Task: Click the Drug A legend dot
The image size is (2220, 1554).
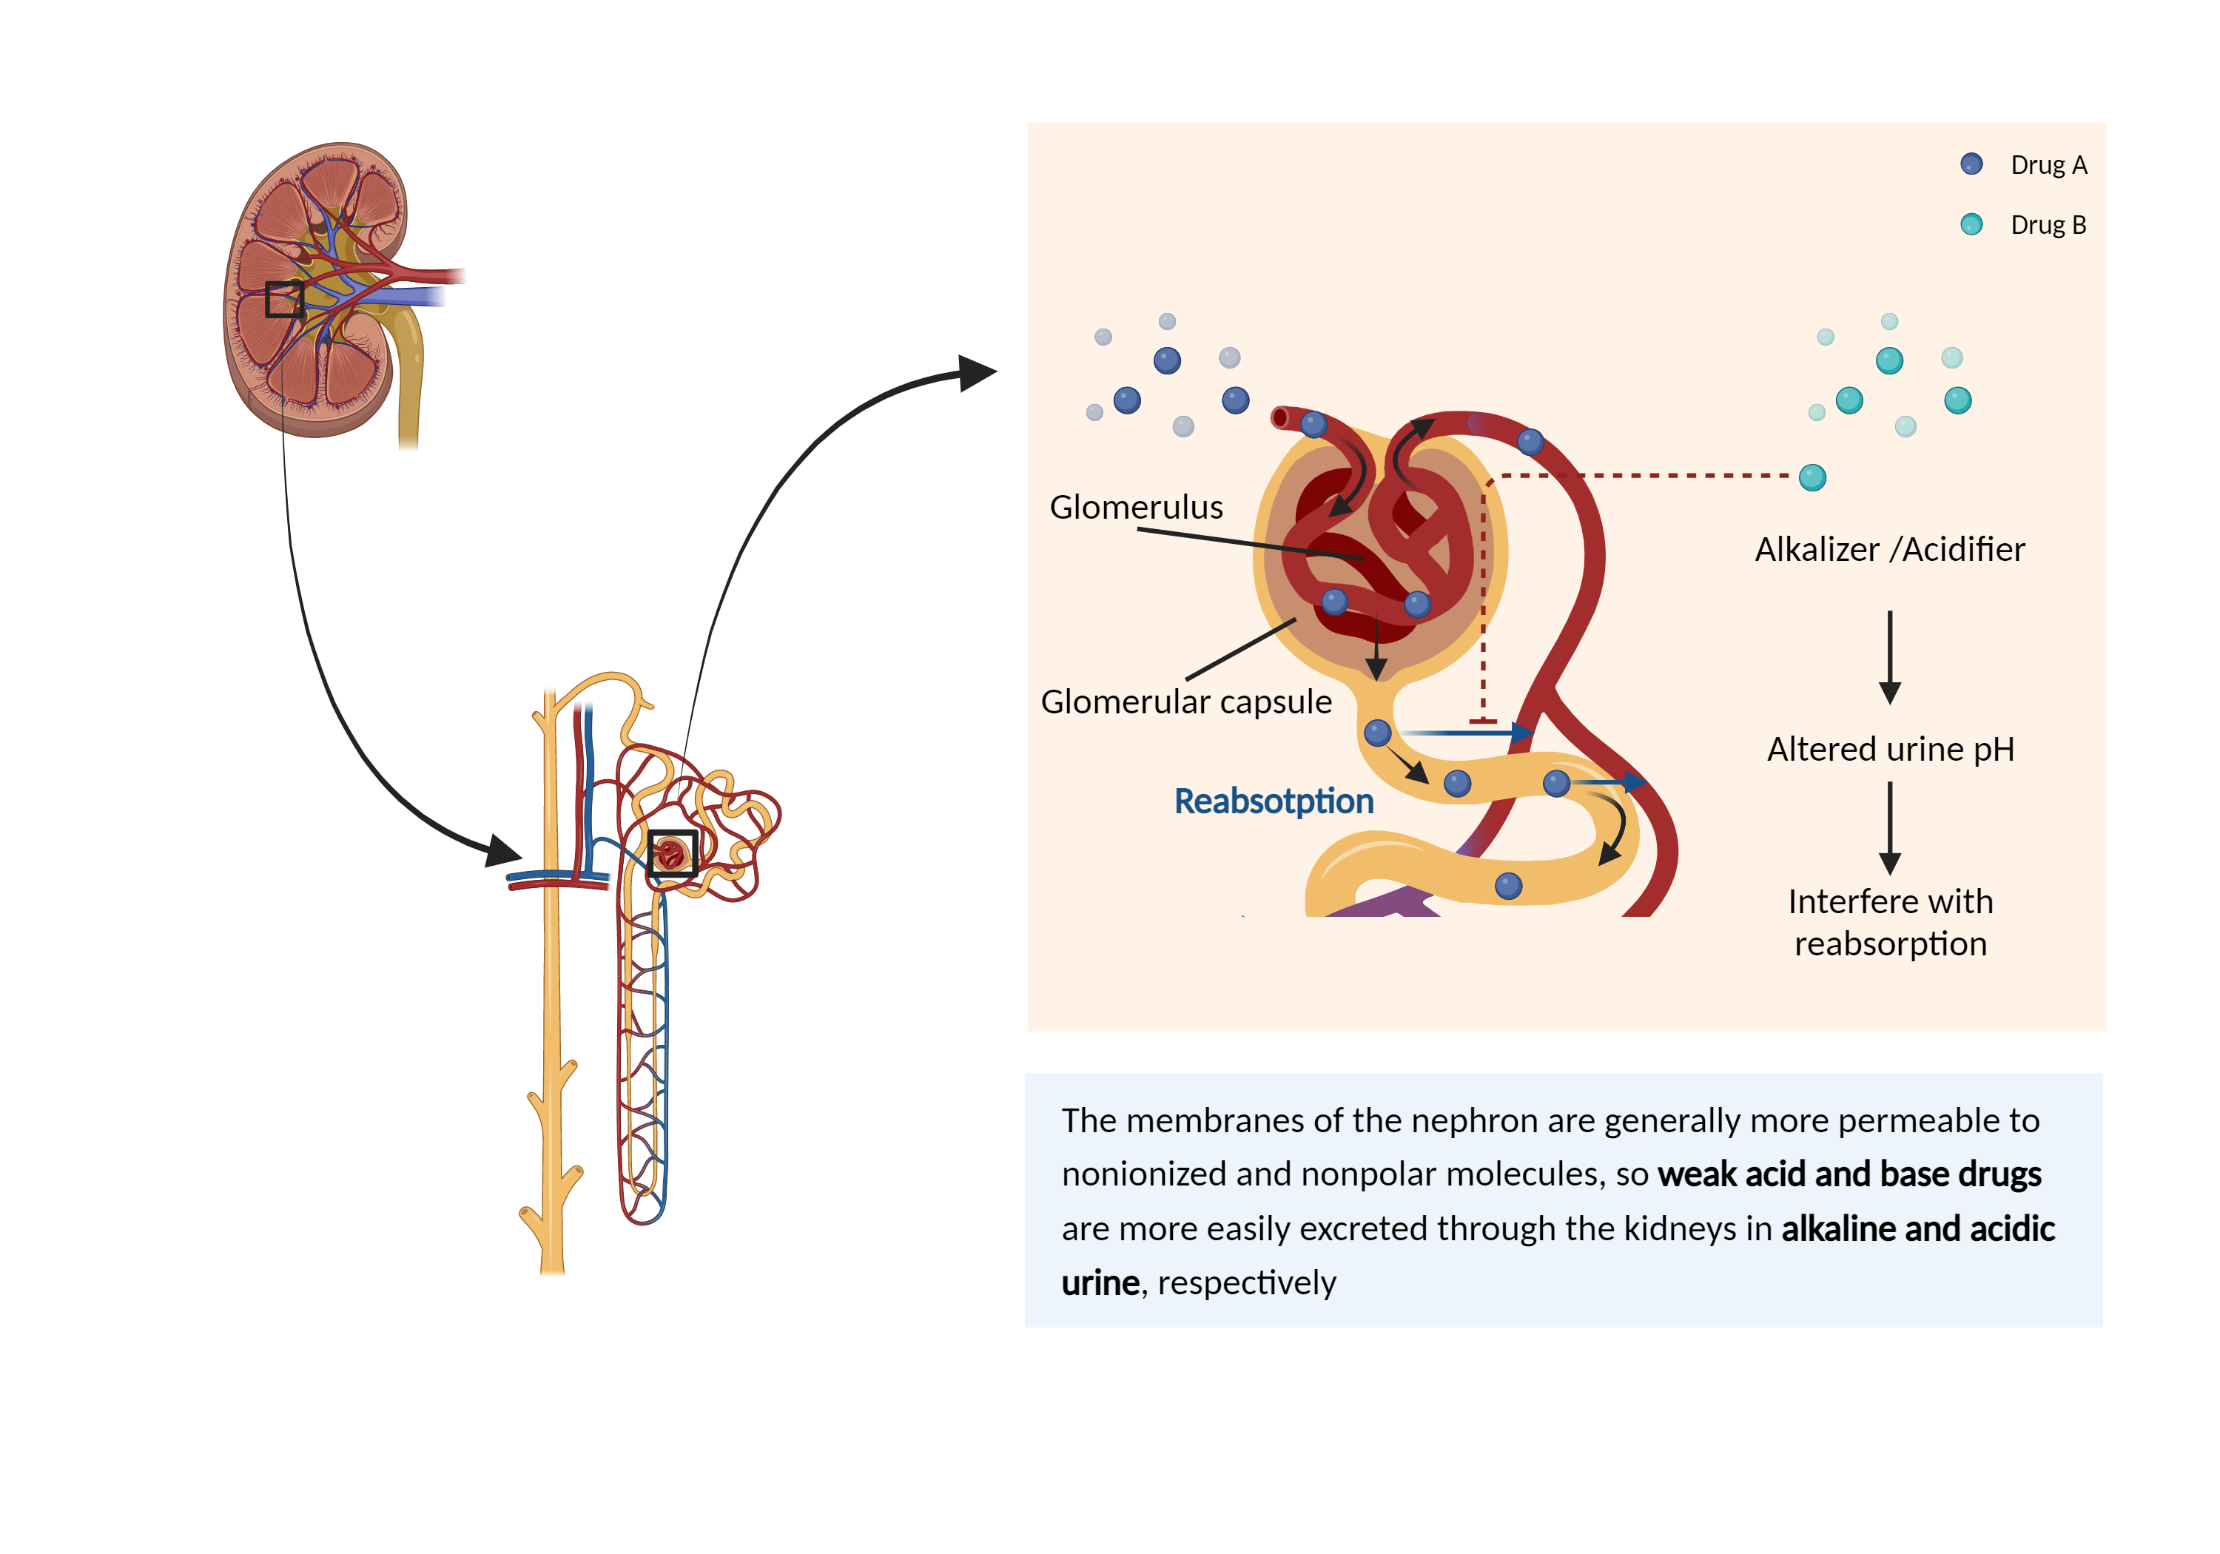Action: coord(1971,164)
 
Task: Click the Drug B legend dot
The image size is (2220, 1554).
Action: coord(1971,224)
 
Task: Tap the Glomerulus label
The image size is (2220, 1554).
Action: coord(1136,507)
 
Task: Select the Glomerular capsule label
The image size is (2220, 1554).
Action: coord(1185,701)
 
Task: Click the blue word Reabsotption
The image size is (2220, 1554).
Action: coord(1274,801)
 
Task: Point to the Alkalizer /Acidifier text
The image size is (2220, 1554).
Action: coord(1889,549)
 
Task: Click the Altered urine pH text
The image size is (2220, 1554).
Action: coord(1890,750)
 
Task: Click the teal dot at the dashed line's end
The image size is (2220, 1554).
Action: coord(1812,478)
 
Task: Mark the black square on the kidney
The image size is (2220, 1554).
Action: coord(284,300)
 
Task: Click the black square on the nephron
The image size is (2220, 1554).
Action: coord(672,854)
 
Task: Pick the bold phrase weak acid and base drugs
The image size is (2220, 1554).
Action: coord(1849,1174)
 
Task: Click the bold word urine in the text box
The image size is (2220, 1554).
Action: coord(1100,1283)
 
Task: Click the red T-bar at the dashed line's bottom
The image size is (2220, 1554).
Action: coord(1482,721)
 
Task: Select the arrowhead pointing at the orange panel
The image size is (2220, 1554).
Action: coord(977,373)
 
